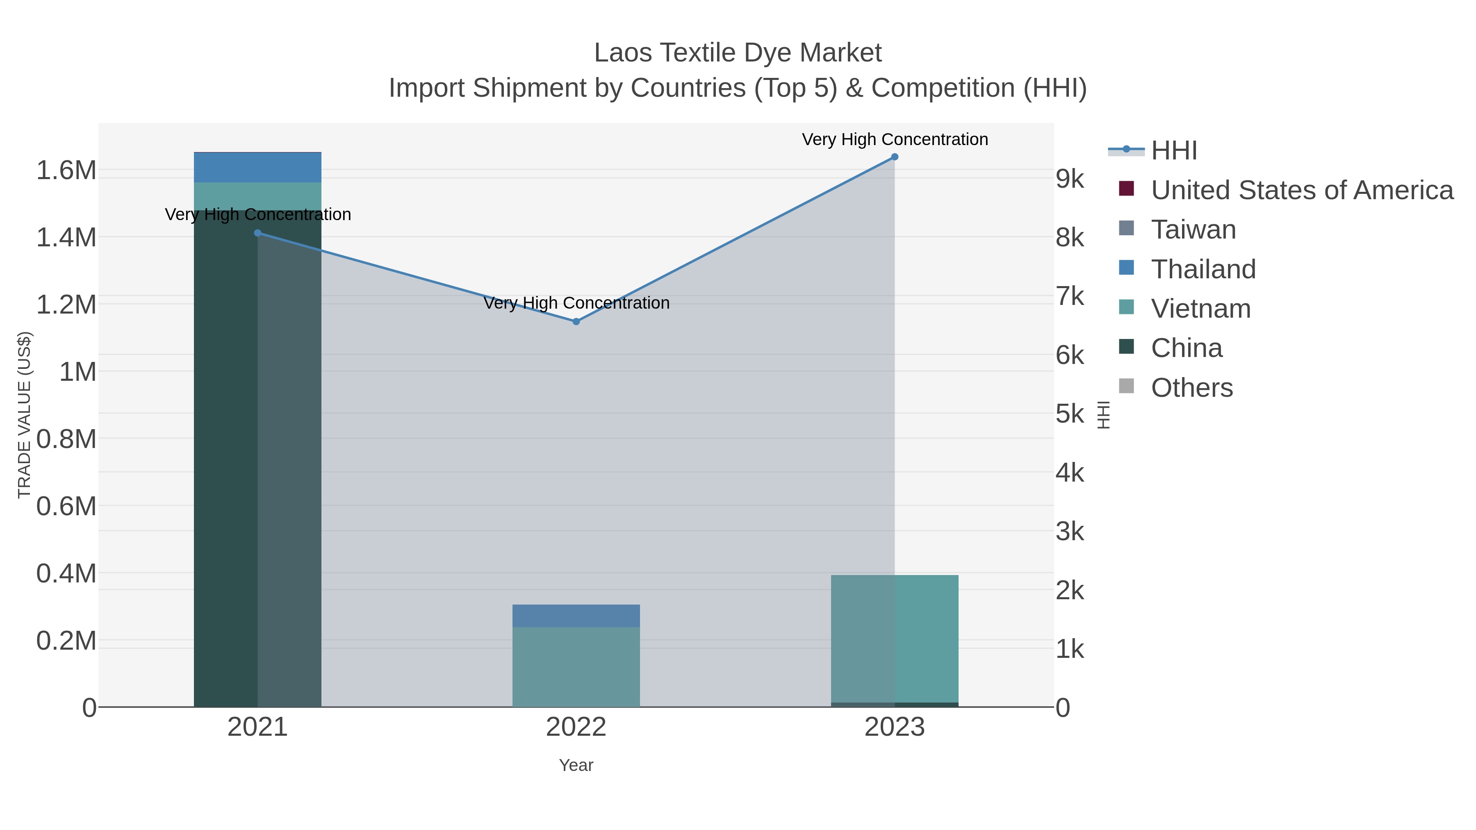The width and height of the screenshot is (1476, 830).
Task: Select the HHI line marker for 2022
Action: coord(576,322)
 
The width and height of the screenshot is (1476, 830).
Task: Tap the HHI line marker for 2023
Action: coord(895,157)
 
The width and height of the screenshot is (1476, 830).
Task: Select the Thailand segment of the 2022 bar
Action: coord(576,616)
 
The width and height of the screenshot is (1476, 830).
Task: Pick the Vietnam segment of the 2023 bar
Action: coord(895,639)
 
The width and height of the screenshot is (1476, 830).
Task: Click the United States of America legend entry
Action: coord(1301,190)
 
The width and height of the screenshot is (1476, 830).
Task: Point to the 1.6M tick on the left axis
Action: coord(66,170)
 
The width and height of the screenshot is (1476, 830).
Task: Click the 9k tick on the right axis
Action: coord(1070,179)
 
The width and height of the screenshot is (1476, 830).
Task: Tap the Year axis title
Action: coord(576,765)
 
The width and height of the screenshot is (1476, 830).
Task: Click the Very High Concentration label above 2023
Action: coord(895,140)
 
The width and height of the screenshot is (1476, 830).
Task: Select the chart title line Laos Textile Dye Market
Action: coord(738,53)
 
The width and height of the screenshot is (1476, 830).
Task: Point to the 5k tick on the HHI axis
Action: coord(1070,414)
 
